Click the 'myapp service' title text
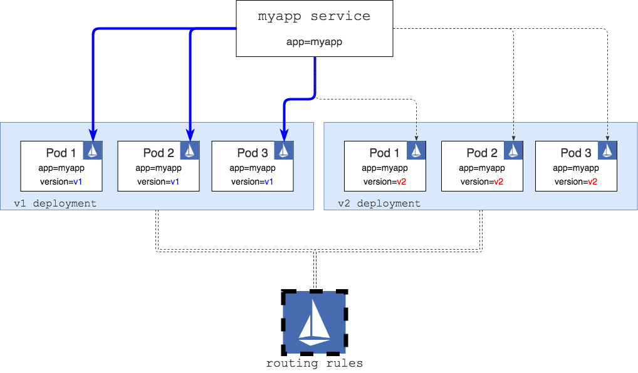(314, 16)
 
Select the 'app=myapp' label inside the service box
(314, 42)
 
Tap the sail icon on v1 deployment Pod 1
(93, 150)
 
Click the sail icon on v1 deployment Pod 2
(190, 150)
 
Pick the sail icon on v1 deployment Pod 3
(284, 150)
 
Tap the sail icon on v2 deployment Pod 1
(416, 150)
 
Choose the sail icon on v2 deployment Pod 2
(513, 150)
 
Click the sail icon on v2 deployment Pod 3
(607, 150)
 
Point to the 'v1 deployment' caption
(55, 203)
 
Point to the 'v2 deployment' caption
(379, 203)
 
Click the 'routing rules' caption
(314, 363)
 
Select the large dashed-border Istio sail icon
(314, 322)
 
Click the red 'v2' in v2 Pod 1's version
(402, 181)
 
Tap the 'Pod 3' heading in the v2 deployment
(576, 153)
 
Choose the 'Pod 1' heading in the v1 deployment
(61, 153)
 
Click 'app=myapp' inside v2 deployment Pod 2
(482, 168)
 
